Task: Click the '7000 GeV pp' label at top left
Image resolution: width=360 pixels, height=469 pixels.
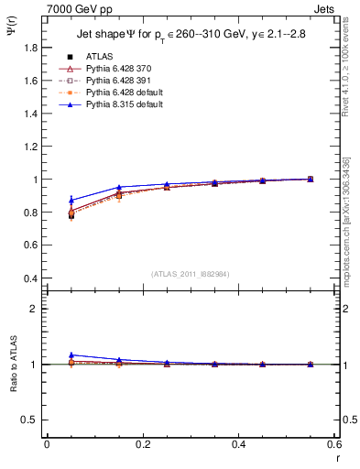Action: point(75,7)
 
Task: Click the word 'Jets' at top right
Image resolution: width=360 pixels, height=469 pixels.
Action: point(323,7)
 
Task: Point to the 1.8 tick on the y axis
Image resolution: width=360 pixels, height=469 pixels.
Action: point(32,47)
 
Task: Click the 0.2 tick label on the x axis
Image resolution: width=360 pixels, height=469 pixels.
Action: point(142,445)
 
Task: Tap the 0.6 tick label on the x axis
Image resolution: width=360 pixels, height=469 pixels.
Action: point(333,445)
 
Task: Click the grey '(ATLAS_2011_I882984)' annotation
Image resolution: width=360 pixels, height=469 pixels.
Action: point(191,274)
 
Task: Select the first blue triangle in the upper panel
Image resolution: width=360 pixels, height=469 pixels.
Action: point(71,200)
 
